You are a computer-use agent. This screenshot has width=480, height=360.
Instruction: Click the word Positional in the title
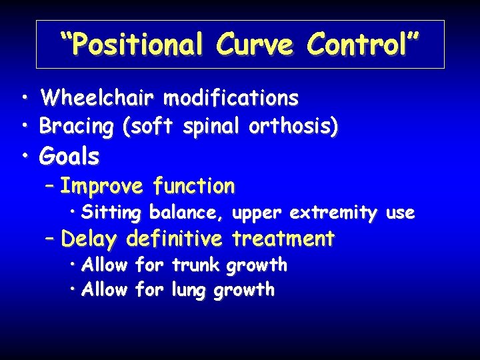pyautogui.click(x=137, y=45)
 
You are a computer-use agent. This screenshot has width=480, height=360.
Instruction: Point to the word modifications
pyautogui.click(x=231, y=99)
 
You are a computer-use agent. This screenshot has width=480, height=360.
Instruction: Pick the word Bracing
pyautogui.click(x=78, y=125)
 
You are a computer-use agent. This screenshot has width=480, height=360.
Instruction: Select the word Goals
pyautogui.click(x=69, y=157)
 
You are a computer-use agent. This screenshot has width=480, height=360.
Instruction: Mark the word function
pyautogui.click(x=193, y=186)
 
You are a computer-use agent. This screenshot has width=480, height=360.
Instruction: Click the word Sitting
pyautogui.click(x=111, y=213)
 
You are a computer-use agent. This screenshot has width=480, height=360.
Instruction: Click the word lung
pyautogui.click(x=190, y=290)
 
